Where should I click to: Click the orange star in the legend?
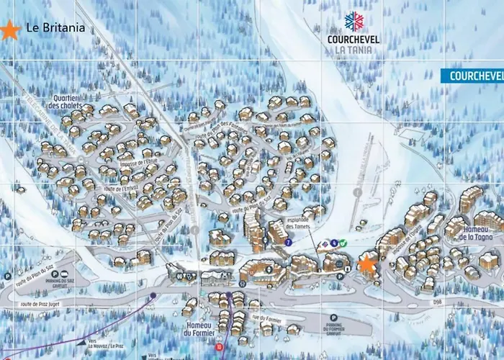10,30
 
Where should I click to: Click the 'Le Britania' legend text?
55,29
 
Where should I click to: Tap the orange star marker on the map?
367,264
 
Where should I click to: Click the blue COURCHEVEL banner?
472,76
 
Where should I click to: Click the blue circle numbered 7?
287,243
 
